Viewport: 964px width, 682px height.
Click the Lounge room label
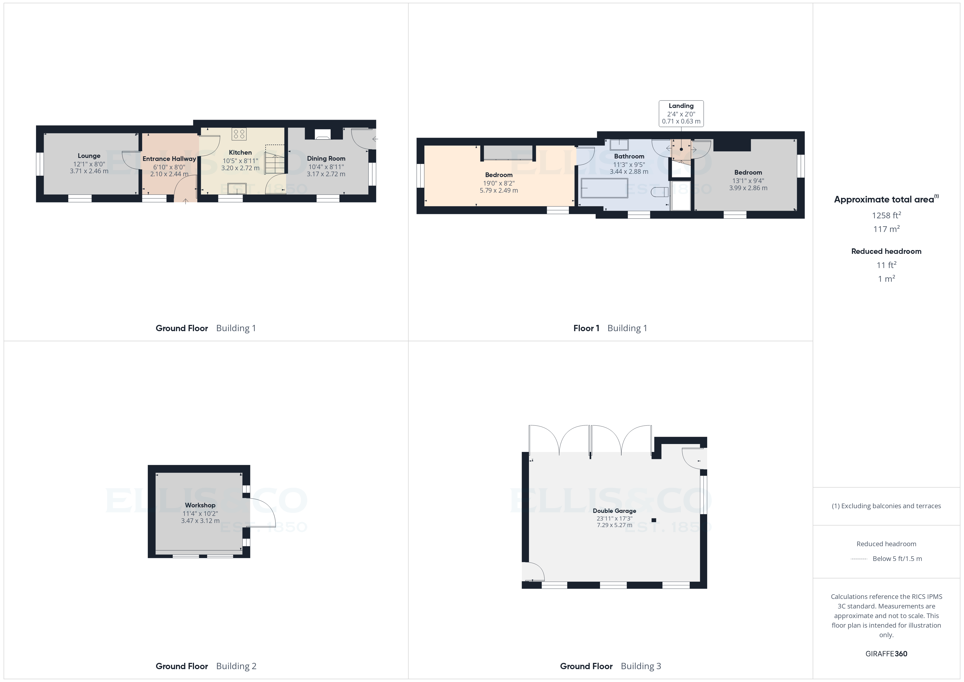click(89, 156)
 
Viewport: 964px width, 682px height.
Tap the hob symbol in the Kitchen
click(239, 134)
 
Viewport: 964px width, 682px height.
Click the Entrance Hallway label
click(169, 159)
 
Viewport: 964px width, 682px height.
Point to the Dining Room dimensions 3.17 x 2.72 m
click(326, 174)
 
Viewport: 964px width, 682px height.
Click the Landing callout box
click(681, 113)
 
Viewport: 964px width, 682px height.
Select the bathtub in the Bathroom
click(604, 188)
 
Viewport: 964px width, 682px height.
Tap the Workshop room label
click(200, 505)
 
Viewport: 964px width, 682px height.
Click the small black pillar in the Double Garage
click(654, 520)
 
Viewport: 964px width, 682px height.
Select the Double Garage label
click(614, 511)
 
